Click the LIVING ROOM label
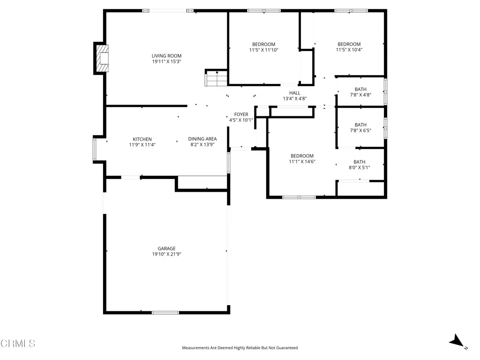coord(166,56)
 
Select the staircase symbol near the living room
coord(216,78)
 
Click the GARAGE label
coord(166,248)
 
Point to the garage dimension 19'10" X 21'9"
coord(166,255)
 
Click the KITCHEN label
coord(142,139)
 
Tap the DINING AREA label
coord(202,139)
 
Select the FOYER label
coord(241,114)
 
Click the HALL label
coord(294,93)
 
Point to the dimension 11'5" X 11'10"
coord(263,50)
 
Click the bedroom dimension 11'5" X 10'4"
coord(349,50)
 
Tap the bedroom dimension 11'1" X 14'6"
coord(302,162)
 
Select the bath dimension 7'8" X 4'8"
coord(360,95)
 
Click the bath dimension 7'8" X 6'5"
coord(360,131)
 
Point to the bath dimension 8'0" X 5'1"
coord(360,168)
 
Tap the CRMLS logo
coord(18,344)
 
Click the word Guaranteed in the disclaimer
coord(286,348)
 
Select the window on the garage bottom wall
coord(165,312)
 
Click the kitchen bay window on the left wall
coord(95,149)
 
